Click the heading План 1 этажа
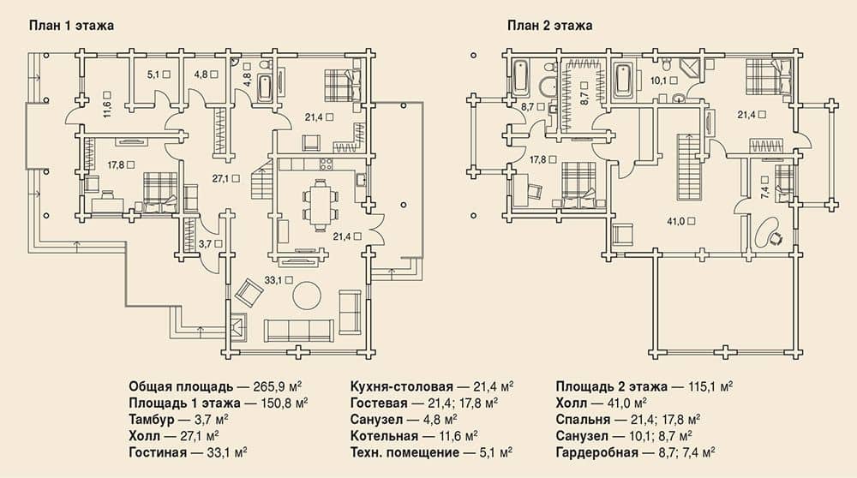pos(71,26)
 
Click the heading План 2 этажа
pos(549,26)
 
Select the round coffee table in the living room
pos(307,296)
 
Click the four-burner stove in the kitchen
pos(326,164)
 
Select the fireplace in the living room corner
pos(238,326)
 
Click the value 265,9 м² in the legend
pos(278,387)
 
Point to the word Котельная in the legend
pos(384,436)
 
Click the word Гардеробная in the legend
pos(596,452)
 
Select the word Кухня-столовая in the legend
pos(402,387)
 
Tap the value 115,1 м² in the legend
pos(710,387)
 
